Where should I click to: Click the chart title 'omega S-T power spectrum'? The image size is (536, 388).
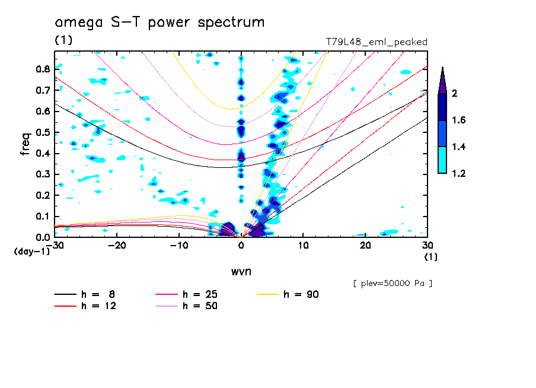(x=159, y=23)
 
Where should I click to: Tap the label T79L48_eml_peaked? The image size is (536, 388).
(x=377, y=42)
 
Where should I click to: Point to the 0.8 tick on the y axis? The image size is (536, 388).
(x=43, y=69)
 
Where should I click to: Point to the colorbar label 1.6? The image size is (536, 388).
(x=458, y=120)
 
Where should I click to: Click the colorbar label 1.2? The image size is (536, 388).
(x=458, y=173)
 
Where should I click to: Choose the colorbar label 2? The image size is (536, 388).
(x=454, y=94)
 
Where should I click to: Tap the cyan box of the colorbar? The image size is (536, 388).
(x=442, y=160)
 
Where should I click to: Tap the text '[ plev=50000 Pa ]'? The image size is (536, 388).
(x=392, y=284)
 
